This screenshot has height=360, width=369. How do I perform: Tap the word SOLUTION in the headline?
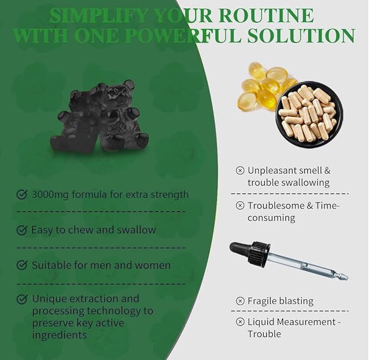tap(301, 35)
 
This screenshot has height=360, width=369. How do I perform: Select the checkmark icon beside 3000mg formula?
tap(22, 194)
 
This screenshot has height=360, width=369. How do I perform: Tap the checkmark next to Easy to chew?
tap(22, 230)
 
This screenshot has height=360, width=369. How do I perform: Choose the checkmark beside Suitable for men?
tap(22, 265)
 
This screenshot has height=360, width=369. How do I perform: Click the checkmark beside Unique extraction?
tap(22, 299)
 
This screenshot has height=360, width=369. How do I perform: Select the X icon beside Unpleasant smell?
tap(240, 170)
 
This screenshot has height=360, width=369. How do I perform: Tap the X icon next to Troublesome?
tap(240, 205)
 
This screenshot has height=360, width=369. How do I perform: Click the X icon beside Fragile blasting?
tap(240, 301)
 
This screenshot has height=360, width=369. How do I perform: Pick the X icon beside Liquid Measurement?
tap(240, 321)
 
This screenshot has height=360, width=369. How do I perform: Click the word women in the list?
tap(153, 266)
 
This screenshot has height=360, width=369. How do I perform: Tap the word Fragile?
tap(261, 301)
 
